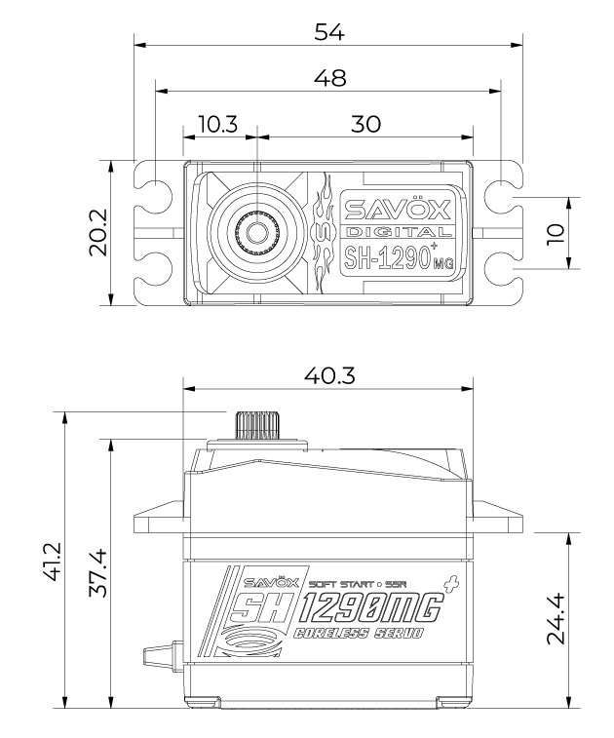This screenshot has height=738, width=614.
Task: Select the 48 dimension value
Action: coord(327,77)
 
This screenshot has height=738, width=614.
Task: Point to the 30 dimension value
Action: coord(365,124)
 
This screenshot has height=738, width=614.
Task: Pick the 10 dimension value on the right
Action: coord(556,232)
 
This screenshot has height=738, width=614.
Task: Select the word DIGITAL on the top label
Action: coord(397,233)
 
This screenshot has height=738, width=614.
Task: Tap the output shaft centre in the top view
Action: coord(257,232)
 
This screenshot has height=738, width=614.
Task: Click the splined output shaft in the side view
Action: coord(256,426)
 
